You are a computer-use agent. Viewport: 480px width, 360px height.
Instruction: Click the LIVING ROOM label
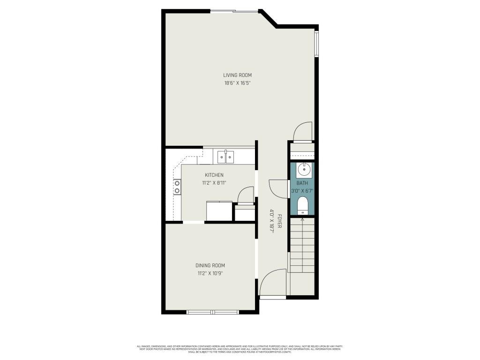(238, 75)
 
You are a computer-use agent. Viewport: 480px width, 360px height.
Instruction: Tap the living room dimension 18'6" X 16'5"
(238, 83)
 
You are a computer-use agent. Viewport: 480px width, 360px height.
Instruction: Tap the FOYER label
(280, 221)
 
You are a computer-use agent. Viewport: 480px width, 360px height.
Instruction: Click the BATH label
(302, 183)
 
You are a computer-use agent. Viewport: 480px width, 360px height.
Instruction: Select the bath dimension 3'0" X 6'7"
(302, 191)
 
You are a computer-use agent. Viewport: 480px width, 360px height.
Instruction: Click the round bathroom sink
(302, 169)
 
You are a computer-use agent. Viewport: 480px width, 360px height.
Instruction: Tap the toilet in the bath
(302, 204)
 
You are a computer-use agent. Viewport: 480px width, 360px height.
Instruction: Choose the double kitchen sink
(225, 157)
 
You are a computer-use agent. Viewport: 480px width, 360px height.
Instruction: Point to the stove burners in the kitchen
(177, 187)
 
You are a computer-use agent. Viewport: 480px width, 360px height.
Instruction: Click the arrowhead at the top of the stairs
(302, 219)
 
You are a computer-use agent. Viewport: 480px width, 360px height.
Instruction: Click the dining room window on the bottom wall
(213, 312)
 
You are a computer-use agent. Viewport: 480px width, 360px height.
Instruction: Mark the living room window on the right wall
(317, 44)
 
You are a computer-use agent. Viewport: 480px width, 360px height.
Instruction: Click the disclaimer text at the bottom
(240, 349)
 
